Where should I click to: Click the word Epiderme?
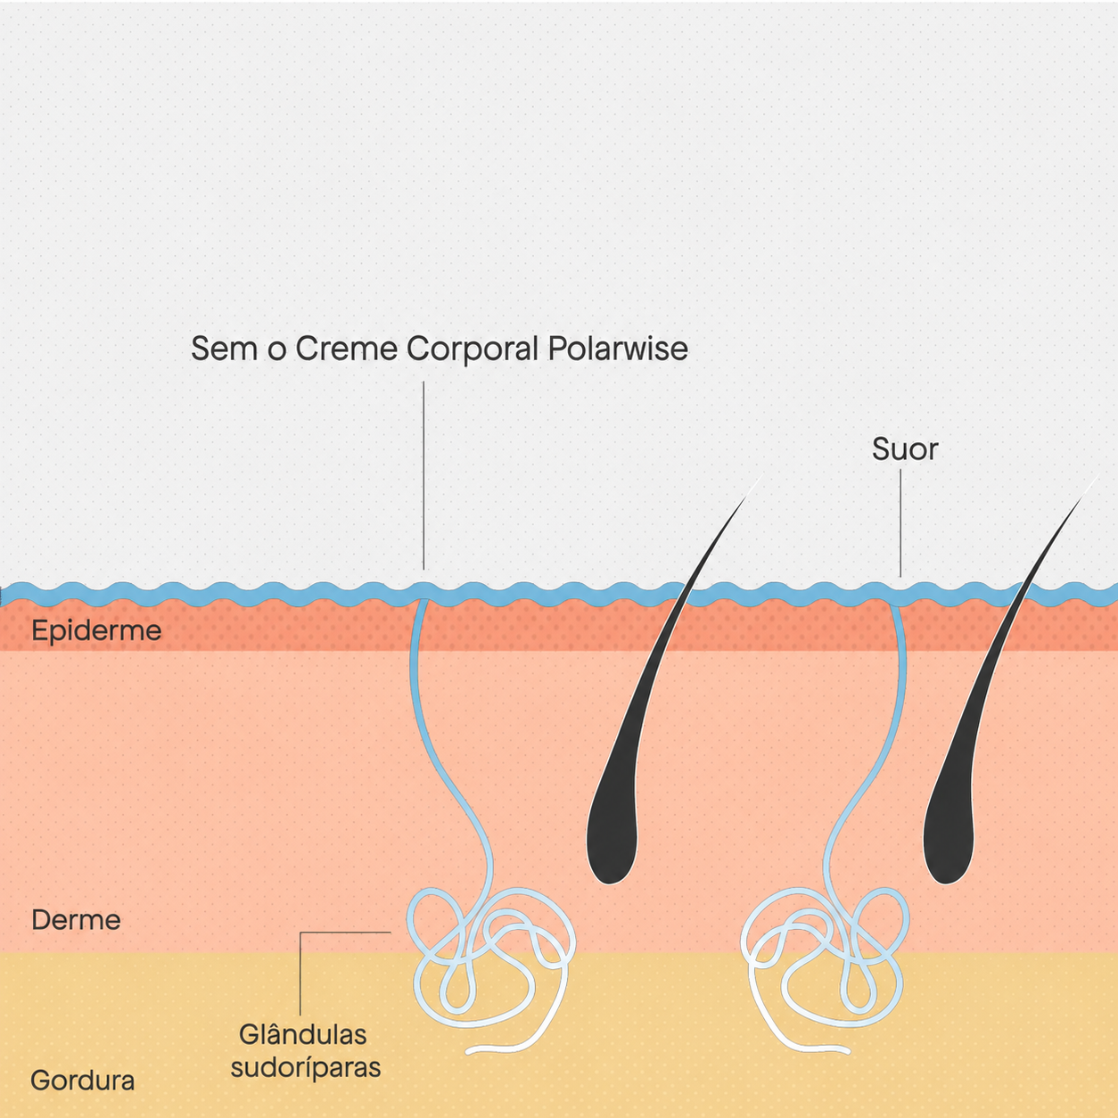point(96,631)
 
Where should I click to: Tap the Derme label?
point(76,920)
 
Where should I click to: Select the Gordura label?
point(82,1081)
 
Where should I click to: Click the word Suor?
point(905,449)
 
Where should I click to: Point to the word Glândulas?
point(303,1034)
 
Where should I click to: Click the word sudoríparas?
point(306,1068)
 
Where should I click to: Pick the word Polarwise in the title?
point(618,349)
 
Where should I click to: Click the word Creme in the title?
point(346,349)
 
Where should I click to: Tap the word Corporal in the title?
point(473,349)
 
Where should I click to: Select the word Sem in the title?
point(224,349)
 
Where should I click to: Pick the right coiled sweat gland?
point(825,967)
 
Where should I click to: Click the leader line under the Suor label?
point(900,522)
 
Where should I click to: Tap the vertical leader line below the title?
point(423,475)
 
